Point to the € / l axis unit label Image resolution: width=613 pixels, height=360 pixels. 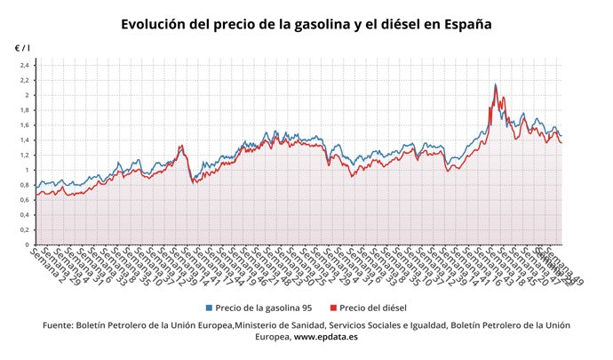22,47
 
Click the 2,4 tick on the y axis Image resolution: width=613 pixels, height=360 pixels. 24,65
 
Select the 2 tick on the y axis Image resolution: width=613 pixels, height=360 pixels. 27,95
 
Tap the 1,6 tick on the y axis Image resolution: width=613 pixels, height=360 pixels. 24,125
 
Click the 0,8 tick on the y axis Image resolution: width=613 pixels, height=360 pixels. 24,185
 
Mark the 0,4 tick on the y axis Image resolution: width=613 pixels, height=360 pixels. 24,215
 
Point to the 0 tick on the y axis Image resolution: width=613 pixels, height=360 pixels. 27,244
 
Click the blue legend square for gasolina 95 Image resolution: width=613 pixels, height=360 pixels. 209,308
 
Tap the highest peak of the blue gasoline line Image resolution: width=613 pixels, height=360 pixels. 495,84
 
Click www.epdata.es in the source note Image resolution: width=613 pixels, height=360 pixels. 326,338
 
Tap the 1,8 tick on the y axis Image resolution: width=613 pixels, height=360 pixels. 24,110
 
